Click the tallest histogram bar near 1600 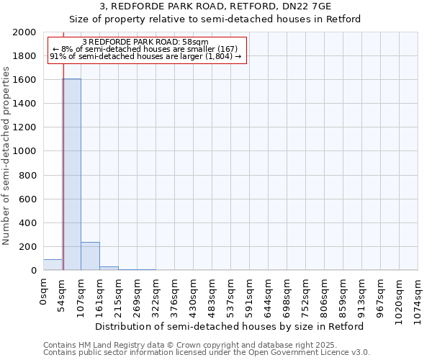(x=71, y=174)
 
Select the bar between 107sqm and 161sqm (x=90, y=256)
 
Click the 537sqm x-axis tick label (x=231, y=294)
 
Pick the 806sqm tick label (x=325, y=294)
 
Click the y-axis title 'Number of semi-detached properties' (x=6, y=156)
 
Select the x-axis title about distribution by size (x=230, y=326)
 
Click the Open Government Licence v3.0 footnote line (x=206, y=353)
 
